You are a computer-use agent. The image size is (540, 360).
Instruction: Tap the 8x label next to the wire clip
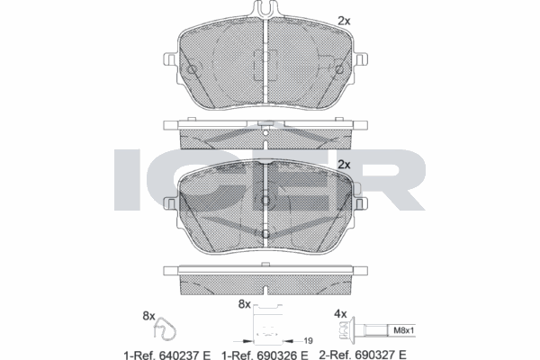tap(149, 316)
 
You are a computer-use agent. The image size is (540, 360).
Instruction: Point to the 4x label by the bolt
tap(341, 314)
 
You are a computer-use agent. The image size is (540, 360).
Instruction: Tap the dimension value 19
tap(308, 341)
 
